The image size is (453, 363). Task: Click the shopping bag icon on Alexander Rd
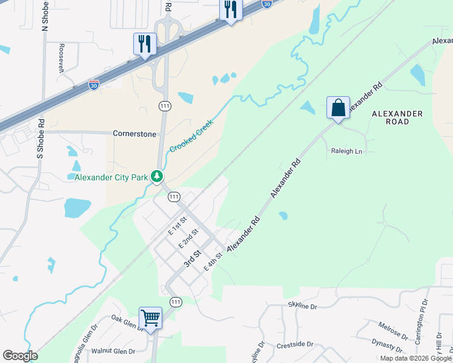[338, 108]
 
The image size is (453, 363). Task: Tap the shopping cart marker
[150, 317]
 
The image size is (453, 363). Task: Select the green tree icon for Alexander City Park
[157, 177]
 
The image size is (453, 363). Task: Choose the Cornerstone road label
[134, 133]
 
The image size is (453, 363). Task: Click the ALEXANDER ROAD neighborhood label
[398, 117]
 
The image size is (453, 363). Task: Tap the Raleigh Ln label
[346, 151]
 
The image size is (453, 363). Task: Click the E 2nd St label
[189, 238]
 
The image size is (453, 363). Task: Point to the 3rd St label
[193, 260]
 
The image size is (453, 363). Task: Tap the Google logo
[20, 356]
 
